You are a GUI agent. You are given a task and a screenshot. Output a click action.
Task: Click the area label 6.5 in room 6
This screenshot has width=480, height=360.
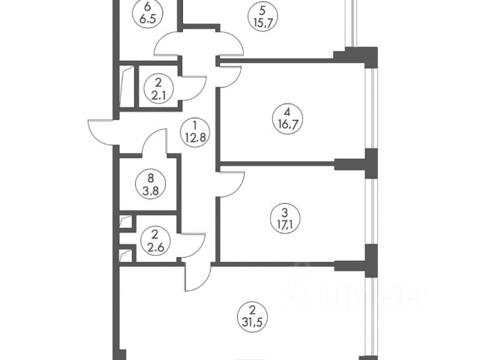157,22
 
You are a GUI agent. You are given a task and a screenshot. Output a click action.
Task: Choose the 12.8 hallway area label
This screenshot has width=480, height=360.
193,137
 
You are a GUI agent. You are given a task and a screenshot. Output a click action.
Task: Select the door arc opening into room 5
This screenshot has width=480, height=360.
229,45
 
